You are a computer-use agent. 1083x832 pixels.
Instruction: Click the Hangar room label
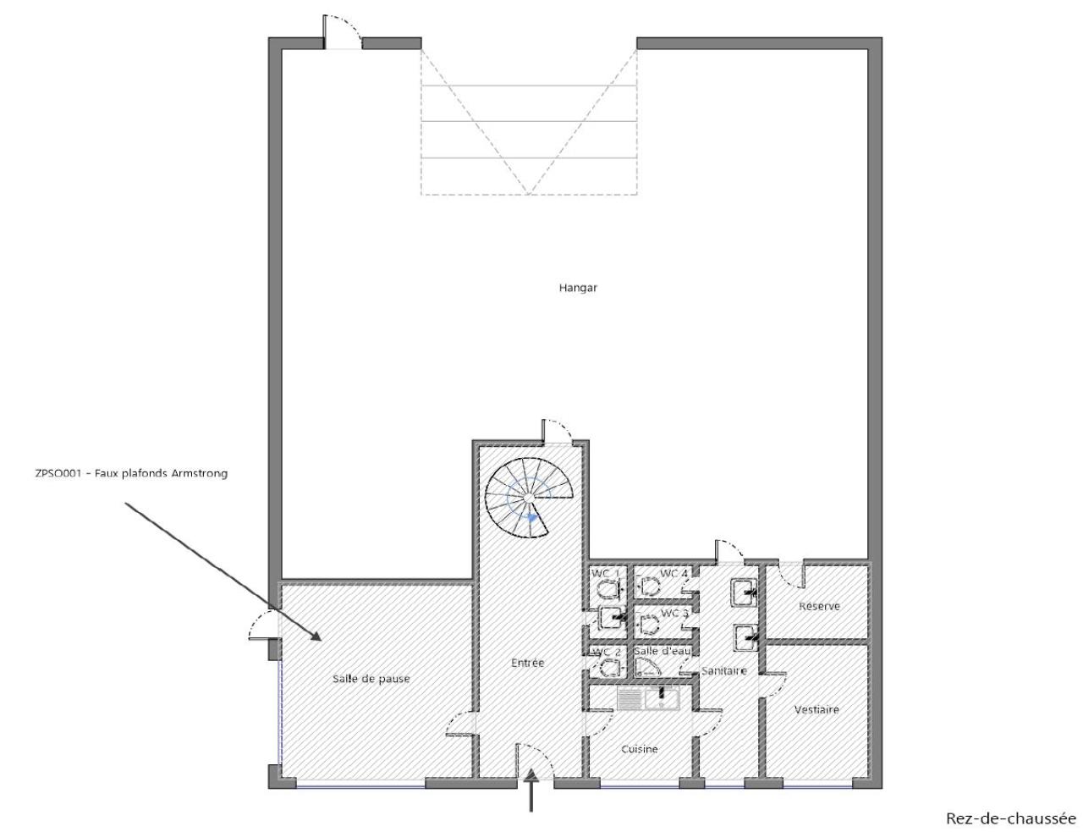click(578, 288)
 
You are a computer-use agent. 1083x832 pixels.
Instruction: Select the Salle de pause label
click(371, 679)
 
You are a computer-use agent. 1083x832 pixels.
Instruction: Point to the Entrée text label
click(527, 663)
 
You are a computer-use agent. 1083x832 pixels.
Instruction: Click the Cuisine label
click(640, 749)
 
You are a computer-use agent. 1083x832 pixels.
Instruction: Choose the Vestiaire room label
click(816, 709)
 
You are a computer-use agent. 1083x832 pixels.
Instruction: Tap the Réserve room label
click(819, 606)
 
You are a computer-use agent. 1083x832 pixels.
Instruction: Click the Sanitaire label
click(724, 670)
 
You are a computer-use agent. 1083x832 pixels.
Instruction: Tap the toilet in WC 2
click(609, 668)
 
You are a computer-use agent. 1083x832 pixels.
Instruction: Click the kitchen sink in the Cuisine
click(648, 698)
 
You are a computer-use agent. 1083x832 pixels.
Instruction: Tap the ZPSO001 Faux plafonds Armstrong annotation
click(131, 473)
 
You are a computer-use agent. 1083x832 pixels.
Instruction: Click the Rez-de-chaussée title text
click(1011, 818)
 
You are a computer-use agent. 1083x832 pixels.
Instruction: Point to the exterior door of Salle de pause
click(264, 625)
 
